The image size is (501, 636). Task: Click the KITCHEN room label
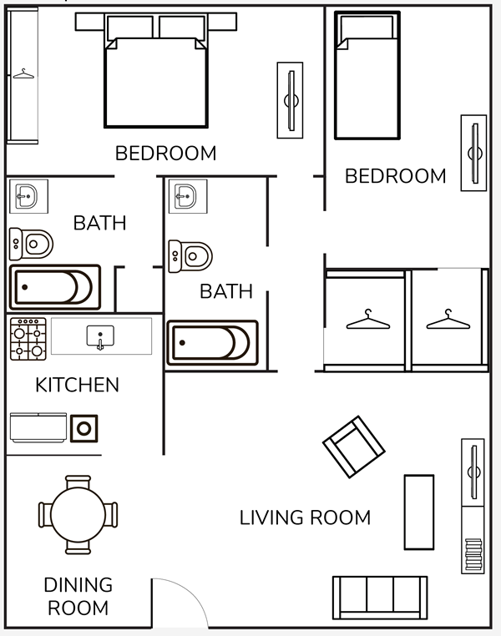(x=77, y=385)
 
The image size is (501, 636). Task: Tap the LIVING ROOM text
(x=305, y=517)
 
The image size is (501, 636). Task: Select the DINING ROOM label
(x=78, y=596)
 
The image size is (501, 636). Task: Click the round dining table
(x=78, y=515)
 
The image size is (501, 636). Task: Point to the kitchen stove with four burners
(x=28, y=339)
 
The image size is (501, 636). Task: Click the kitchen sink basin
(x=100, y=336)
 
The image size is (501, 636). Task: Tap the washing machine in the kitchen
(x=84, y=428)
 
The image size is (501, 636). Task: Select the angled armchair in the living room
(x=354, y=447)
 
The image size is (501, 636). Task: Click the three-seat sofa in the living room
(x=380, y=598)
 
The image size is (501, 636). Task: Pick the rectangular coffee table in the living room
(x=419, y=512)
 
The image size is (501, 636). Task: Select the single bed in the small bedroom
(x=367, y=75)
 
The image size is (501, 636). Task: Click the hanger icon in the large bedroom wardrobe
(x=23, y=73)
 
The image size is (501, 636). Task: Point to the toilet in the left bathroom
(x=31, y=244)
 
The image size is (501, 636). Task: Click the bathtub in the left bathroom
(x=55, y=287)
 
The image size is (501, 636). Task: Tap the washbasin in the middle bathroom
(x=188, y=196)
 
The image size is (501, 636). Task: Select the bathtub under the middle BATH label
(x=213, y=343)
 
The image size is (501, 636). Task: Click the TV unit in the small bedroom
(x=473, y=153)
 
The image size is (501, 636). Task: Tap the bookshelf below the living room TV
(x=473, y=540)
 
